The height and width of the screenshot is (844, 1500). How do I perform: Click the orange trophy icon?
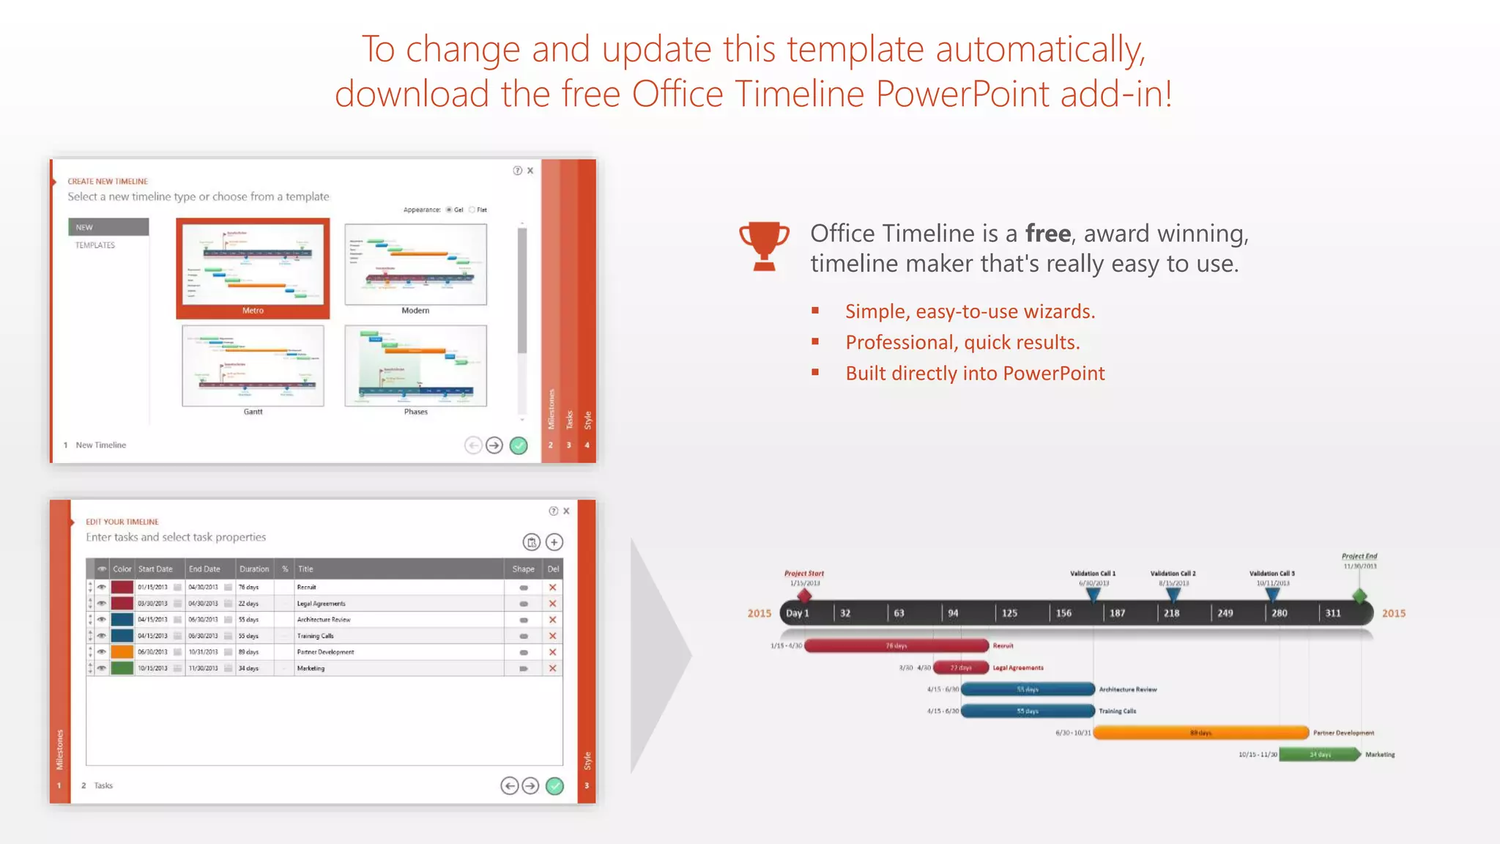click(764, 246)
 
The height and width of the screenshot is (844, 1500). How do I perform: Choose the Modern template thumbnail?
click(415, 264)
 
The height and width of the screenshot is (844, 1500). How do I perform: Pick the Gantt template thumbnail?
click(253, 366)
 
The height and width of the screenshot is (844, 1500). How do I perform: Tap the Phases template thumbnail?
click(415, 366)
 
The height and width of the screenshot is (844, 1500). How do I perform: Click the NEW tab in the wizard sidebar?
click(108, 227)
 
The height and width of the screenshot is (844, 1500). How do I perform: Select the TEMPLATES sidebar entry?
click(95, 245)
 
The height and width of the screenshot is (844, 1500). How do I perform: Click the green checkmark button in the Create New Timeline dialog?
click(519, 445)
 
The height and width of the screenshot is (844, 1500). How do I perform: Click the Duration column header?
click(254, 569)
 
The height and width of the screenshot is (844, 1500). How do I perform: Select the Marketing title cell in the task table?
click(311, 668)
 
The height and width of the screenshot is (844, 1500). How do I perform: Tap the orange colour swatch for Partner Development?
click(122, 652)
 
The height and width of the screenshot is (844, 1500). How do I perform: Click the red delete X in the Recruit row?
click(553, 588)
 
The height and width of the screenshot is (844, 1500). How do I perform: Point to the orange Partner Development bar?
click(1200, 733)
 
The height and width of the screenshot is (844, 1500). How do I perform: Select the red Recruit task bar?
click(896, 646)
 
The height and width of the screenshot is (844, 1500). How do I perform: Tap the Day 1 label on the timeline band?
click(798, 613)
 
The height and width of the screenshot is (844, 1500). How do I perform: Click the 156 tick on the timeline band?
click(1063, 613)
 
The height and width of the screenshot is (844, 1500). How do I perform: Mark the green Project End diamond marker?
click(1360, 596)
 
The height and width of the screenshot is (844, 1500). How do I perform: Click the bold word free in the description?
click(1047, 234)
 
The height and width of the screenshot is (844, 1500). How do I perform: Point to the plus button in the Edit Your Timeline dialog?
click(554, 542)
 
